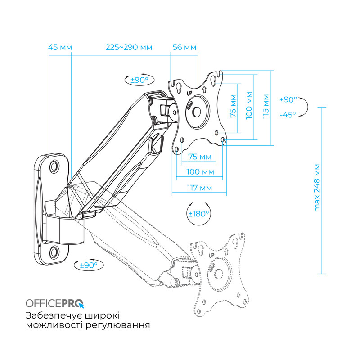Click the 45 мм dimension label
pos(60,47)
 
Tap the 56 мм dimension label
pos(184,47)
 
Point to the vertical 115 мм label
pos(266,106)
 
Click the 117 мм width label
pos(199,187)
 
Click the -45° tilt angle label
pos(288,114)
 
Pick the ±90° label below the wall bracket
pos(88,265)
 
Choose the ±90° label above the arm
pos(139,80)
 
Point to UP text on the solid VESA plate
pos(190,93)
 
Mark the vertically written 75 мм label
pos(233,106)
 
